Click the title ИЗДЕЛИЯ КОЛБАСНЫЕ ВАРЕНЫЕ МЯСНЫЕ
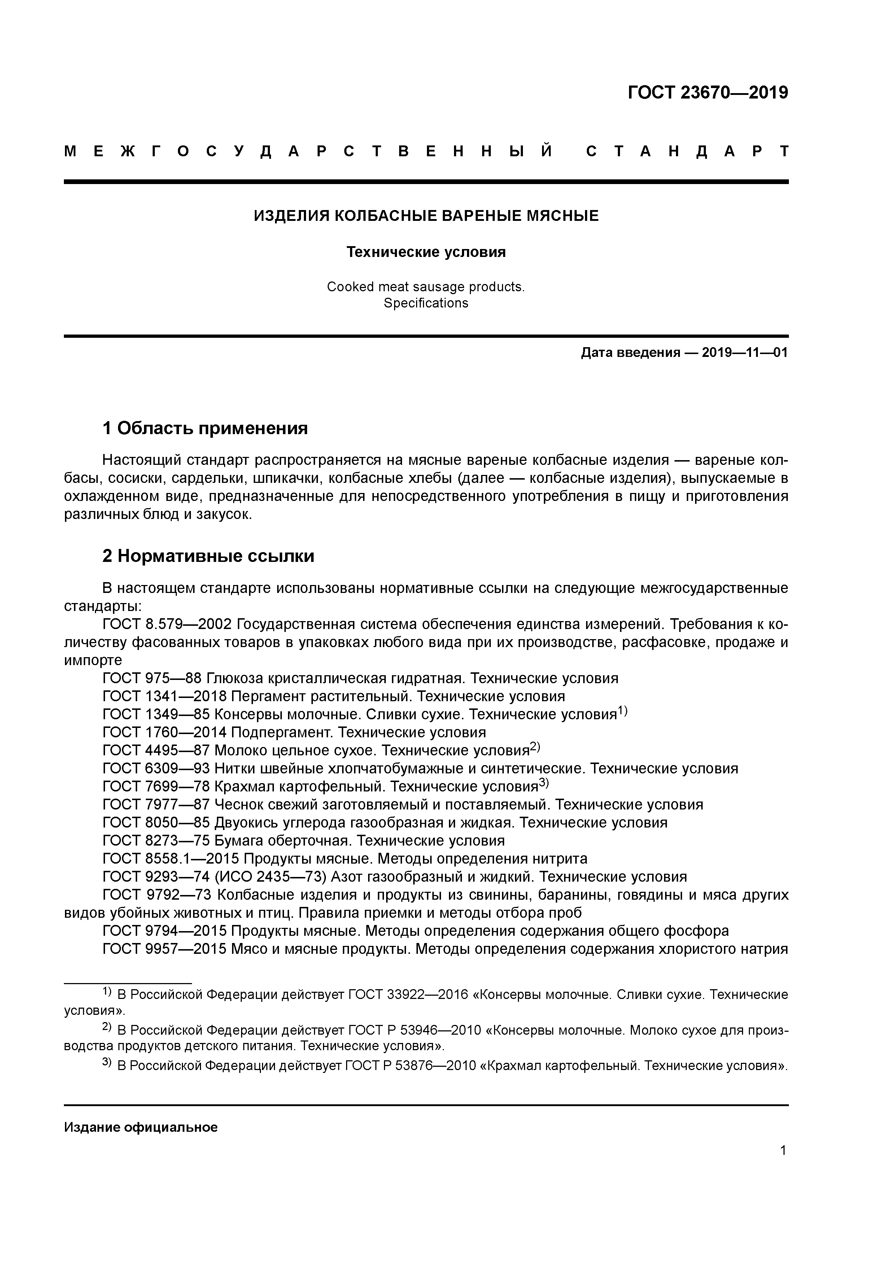pyautogui.click(x=426, y=215)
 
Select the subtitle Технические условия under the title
pyautogui.click(x=426, y=252)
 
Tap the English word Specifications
pyautogui.click(x=426, y=303)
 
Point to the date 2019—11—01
pyautogui.click(x=745, y=353)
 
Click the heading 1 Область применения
pyautogui.click(x=205, y=428)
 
